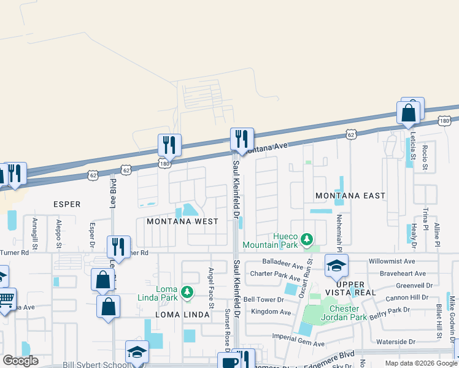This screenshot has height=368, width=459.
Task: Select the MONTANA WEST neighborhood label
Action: point(182,221)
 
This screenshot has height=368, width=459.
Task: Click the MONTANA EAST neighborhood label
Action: point(350,196)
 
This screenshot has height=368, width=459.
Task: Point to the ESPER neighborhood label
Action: point(67,204)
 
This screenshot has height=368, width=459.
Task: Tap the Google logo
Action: point(20,361)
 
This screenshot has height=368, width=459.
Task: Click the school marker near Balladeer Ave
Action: point(336,266)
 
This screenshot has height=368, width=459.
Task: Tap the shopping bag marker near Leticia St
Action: point(409,113)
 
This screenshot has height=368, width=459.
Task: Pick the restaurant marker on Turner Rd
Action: point(118,247)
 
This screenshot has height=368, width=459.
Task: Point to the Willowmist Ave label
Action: point(393,261)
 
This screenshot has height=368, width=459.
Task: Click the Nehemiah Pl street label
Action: point(338,227)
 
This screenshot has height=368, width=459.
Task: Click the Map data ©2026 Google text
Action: point(420,363)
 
